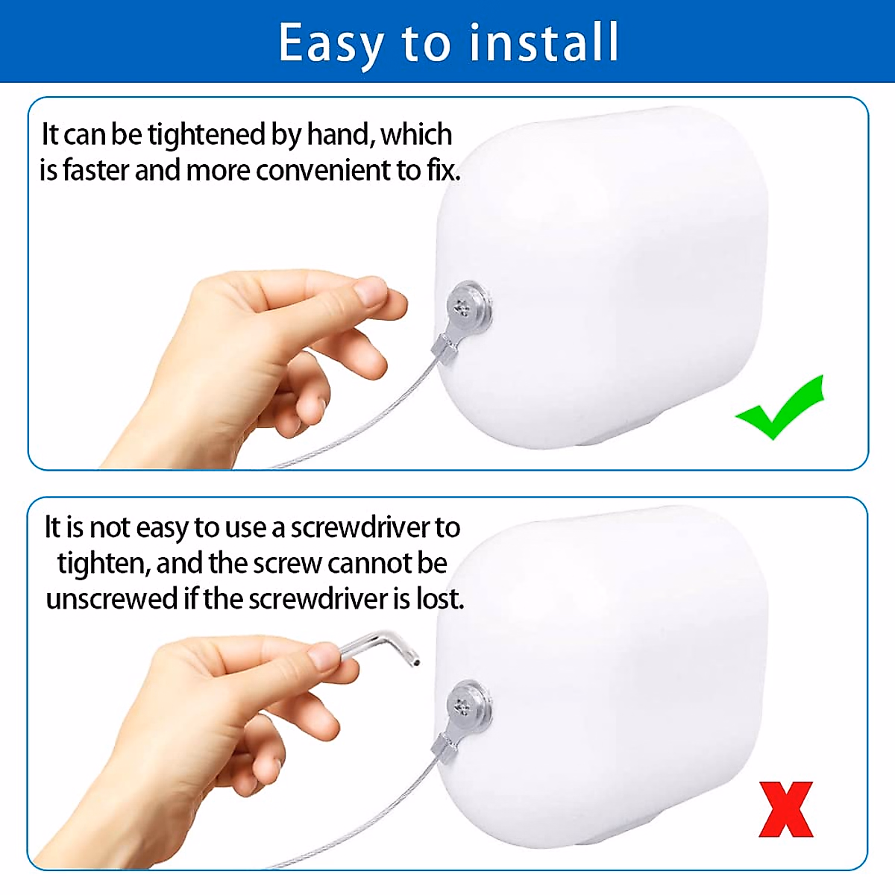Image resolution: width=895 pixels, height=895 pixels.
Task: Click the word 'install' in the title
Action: [x=544, y=42]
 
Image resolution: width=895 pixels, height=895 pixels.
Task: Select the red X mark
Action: [x=785, y=809]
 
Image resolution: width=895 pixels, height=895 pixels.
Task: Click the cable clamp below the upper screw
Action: [x=444, y=348]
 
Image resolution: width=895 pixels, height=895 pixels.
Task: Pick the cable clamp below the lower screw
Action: [x=445, y=746]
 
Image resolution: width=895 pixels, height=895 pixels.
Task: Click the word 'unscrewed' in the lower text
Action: [x=112, y=599]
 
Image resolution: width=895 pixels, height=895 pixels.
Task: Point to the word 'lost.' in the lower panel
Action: [x=440, y=599]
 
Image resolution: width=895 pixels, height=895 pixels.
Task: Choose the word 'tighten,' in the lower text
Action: [x=104, y=564]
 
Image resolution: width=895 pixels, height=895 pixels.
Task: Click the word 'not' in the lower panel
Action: [x=110, y=528]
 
